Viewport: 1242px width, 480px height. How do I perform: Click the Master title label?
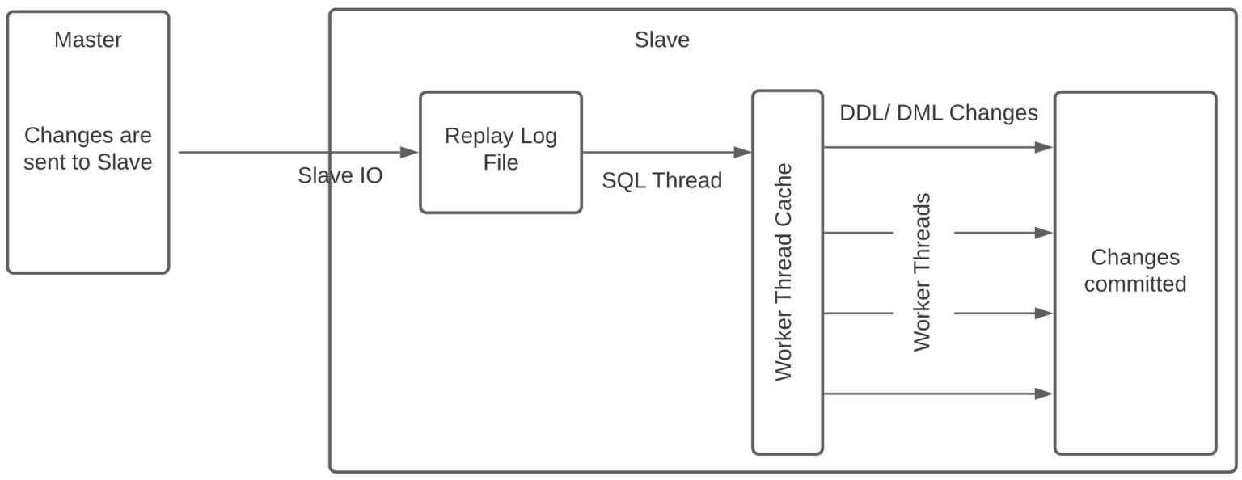tap(88, 40)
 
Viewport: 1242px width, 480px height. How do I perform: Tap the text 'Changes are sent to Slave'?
tap(87, 149)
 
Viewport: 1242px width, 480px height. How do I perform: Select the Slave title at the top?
tap(662, 40)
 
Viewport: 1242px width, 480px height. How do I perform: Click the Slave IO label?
tap(340, 175)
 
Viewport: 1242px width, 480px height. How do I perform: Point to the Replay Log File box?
tap(501, 153)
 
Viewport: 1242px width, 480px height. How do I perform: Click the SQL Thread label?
tap(662, 181)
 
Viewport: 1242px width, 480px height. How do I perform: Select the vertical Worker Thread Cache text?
tap(784, 272)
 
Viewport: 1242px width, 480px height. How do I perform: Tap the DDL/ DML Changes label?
tap(939, 113)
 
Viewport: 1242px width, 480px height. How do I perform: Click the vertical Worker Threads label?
tap(922, 272)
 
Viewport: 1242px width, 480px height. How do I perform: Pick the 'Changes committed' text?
tap(1135, 271)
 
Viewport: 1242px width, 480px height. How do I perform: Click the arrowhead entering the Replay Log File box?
tap(409, 153)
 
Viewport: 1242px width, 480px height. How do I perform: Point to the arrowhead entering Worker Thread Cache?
tap(742, 153)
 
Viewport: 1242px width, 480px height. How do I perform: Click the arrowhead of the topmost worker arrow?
tap(1044, 147)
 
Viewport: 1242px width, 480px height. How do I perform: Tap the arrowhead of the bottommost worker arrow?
tap(1044, 394)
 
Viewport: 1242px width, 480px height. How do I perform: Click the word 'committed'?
tap(1135, 284)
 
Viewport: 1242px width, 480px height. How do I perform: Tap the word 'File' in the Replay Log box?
tap(501, 163)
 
